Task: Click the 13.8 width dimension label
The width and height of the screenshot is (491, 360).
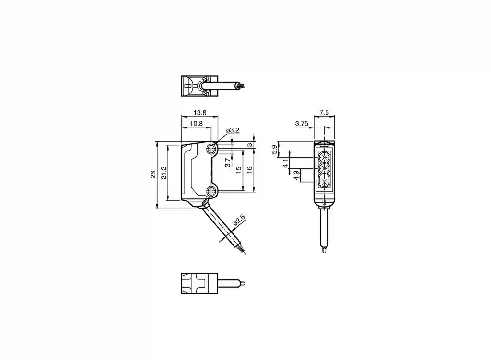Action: click(x=200, y=112)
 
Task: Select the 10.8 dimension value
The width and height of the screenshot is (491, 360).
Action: click(x=196, y=123)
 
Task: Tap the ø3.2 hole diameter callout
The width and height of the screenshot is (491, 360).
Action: click(x=233, y=130)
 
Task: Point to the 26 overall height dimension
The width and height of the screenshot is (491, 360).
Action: click(x=153, y=174)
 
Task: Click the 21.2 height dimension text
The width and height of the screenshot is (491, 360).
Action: click(x=164, y=173)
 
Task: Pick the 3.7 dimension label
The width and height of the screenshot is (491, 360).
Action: click(x=228, y=163)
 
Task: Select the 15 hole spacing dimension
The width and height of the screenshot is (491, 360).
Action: click(x=239, y=170)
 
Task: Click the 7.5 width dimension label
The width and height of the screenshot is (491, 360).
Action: click(x=325, y=112)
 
